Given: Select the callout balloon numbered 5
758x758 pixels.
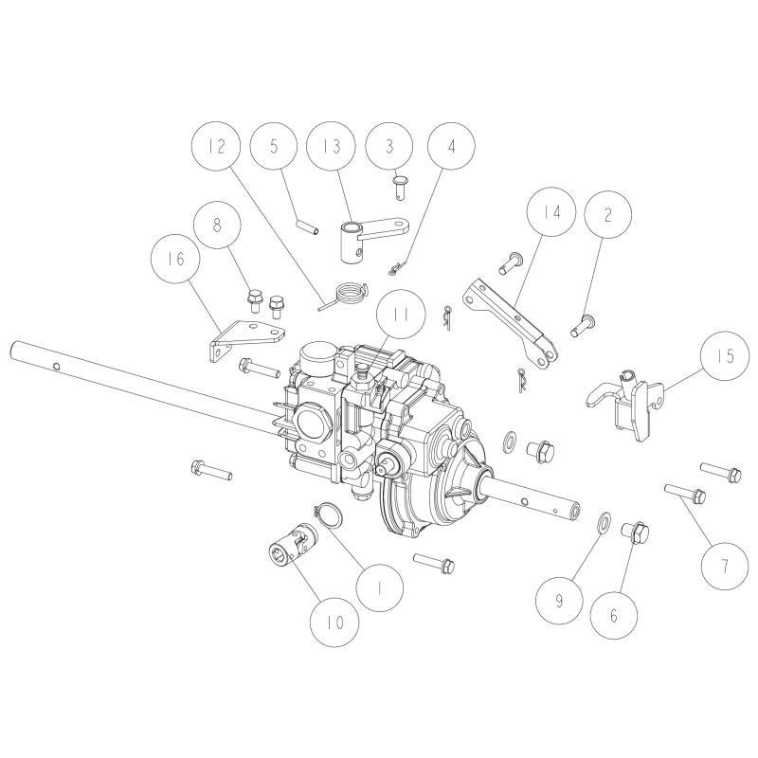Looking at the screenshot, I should (x=275, y=149).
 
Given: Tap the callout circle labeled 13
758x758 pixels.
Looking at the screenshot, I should (x=331, y=149).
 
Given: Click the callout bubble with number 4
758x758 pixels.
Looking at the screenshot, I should (x=451, y=149).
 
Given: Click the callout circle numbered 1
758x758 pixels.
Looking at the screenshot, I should (x=378, y=587).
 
